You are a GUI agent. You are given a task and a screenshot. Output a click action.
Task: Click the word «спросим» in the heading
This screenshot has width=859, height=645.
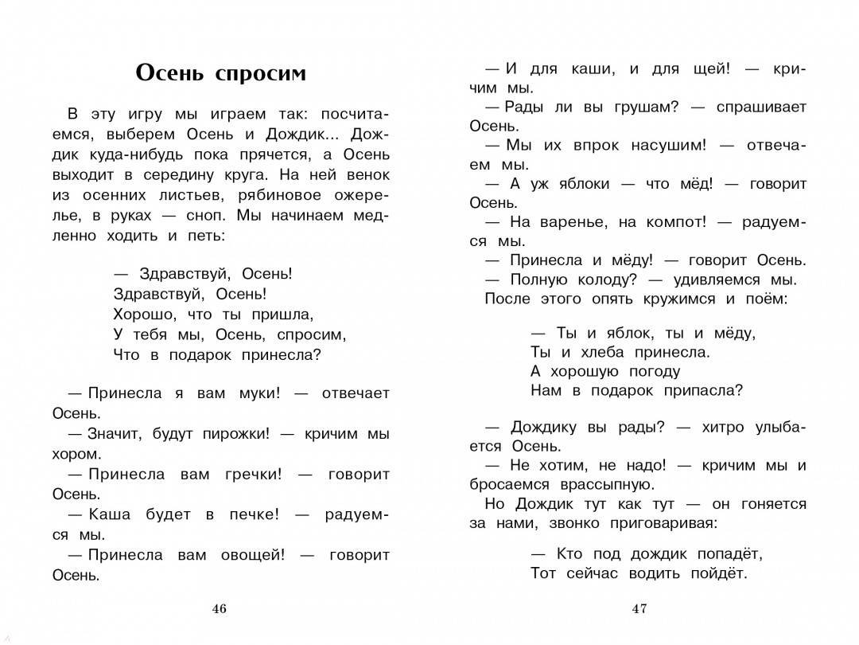click(260, 73)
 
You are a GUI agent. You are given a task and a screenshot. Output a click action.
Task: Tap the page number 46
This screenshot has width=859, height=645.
click(220, 609)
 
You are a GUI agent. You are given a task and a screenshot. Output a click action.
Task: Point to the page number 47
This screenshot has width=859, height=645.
click(639, 609)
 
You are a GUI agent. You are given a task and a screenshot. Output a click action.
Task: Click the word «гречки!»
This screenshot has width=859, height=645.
click(254, 475)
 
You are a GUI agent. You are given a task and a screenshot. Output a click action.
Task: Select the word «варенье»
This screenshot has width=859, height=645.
click(573, 222)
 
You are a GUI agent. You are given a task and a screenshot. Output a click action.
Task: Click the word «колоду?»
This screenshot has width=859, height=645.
click(607, 279)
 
